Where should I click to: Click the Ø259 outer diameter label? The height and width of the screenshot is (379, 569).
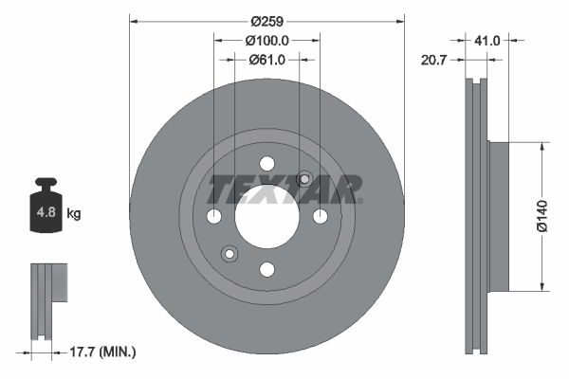point(266,18)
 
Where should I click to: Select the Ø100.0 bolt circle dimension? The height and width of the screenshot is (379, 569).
point(266,40)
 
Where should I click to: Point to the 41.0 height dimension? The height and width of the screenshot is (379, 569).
point(486,40)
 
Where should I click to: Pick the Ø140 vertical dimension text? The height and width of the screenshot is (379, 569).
point(541,217)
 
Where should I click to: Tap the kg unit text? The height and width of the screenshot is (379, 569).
point(74,214)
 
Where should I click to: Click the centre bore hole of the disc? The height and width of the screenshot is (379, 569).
point(266,217)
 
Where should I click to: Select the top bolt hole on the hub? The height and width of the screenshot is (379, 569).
point(266,163)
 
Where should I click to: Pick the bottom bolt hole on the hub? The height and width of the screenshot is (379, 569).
point(266,271)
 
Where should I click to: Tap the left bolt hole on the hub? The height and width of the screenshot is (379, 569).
point(213,217)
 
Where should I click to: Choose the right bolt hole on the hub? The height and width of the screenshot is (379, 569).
point(321,217)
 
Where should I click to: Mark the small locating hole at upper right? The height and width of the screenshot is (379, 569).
point(305,178)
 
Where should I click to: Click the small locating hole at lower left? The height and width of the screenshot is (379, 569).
point(229,254)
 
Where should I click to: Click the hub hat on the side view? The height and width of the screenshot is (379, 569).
point(499,217)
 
